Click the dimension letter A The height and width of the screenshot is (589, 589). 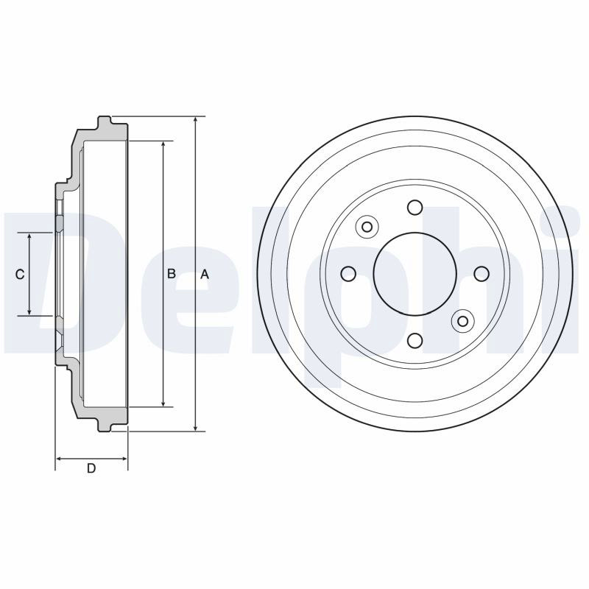point(205,275)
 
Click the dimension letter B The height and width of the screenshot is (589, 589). point(172,274)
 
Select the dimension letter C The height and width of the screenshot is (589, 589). point(20,275)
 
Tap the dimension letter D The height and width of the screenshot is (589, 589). point(91,468)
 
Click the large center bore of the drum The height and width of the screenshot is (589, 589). point(415,274)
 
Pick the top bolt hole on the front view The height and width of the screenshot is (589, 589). point(415,208)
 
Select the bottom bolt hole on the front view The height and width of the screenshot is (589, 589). point(415,341)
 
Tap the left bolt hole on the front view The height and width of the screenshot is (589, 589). point(348,274)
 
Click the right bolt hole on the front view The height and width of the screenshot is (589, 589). point(482,274)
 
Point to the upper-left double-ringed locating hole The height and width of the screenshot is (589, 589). point(367,227)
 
